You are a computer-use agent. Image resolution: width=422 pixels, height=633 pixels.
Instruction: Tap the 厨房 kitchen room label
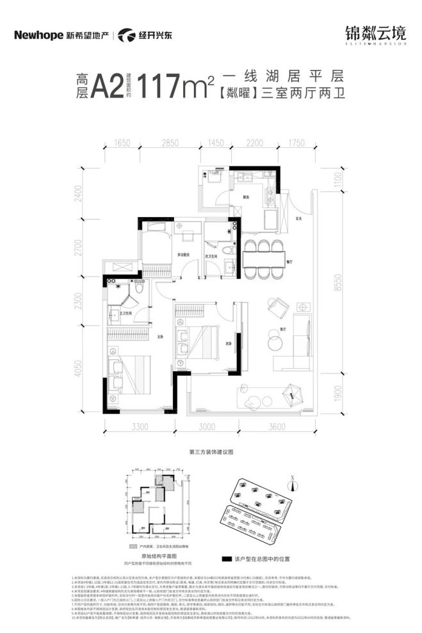pos(246,197)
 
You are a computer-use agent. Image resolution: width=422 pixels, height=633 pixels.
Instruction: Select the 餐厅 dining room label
pos(289,261)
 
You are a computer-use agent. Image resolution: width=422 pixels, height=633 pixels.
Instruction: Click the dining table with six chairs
pos(263,258)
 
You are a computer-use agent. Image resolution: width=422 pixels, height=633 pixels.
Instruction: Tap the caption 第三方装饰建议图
pos(211,451)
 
